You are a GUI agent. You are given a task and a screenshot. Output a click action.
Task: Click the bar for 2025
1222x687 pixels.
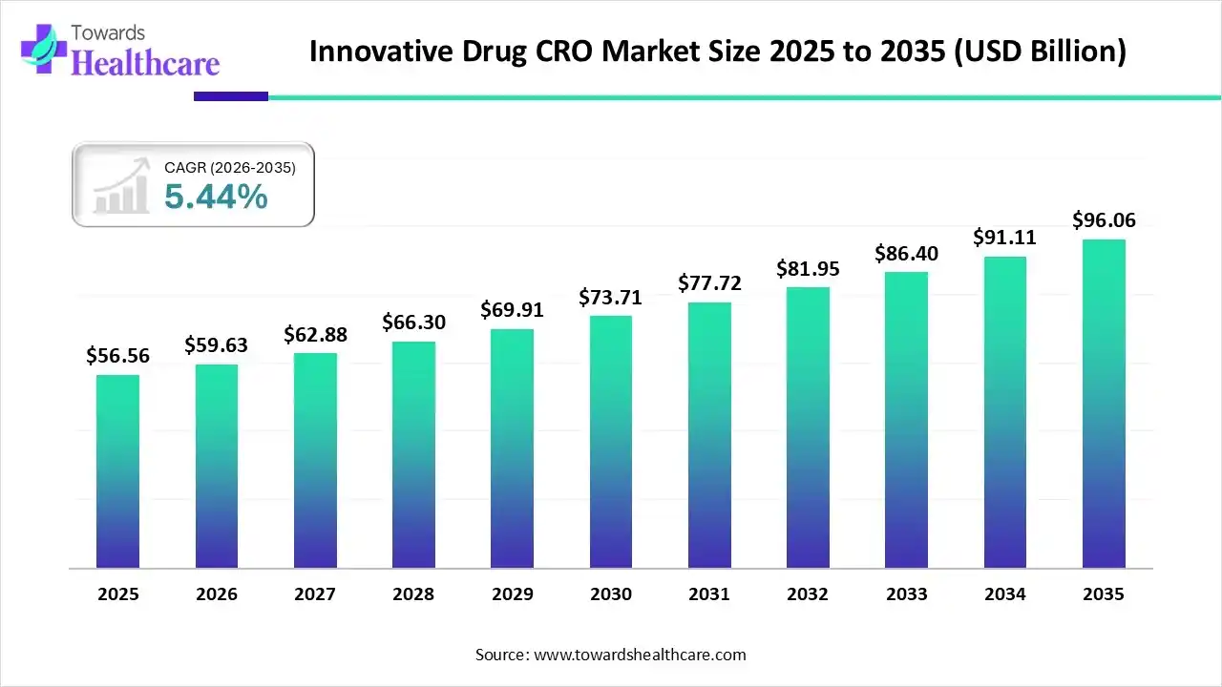pos(117,471)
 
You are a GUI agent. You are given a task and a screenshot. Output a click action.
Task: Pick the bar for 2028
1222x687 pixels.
pos(413,455)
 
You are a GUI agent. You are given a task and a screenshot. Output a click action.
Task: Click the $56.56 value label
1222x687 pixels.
pos(117,356)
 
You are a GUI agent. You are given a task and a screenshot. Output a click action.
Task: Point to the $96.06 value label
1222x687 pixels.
pos(1104,220)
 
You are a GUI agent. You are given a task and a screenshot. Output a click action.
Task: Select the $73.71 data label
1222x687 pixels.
pos(611,297)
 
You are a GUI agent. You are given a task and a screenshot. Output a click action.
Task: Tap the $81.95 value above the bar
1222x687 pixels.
pos(808,269)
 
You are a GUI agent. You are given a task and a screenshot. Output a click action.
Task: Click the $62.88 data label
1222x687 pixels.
pos(315,335)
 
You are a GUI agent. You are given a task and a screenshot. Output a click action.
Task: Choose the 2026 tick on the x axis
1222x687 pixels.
pos(217,594)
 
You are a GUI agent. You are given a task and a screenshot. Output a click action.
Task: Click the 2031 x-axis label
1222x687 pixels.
pos(709,594)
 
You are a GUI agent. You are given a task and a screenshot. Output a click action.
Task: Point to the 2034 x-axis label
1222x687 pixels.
pos(1005,594)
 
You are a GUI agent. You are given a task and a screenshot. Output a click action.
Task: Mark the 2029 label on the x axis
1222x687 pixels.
pos(512,594)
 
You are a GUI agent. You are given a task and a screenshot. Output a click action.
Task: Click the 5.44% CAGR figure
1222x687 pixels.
pos(216,197)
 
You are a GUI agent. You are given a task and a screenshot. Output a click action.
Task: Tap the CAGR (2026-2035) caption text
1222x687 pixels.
pos(230,167)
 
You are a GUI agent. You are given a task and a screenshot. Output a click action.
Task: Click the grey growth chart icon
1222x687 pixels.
pos(121,186)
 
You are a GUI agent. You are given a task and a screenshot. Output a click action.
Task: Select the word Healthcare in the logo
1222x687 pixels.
pos(145,62)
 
